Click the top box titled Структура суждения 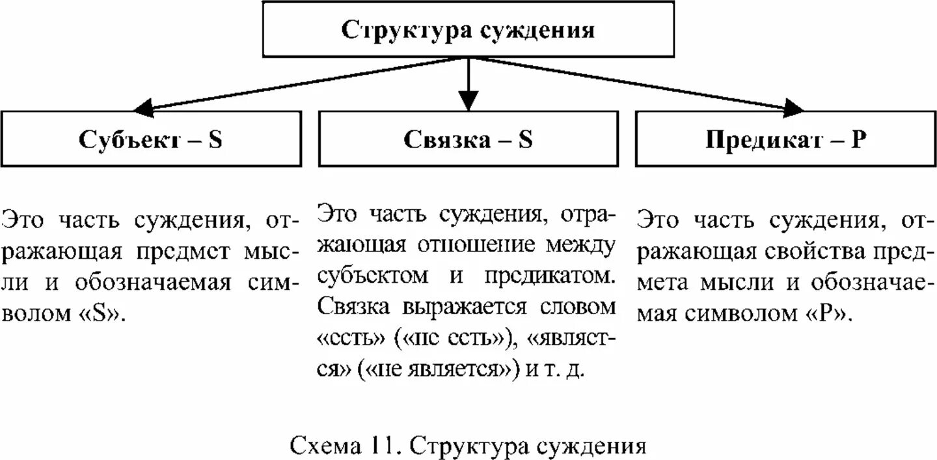[x=468, y=29]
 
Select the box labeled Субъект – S [x=151, y=139]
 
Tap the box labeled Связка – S [x=468, y=139]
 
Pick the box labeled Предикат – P [x=785, y=139]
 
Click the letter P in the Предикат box [x=859, y=139]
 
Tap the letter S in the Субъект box [x=215, y=139]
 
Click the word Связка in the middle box [x=446, y=139]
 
